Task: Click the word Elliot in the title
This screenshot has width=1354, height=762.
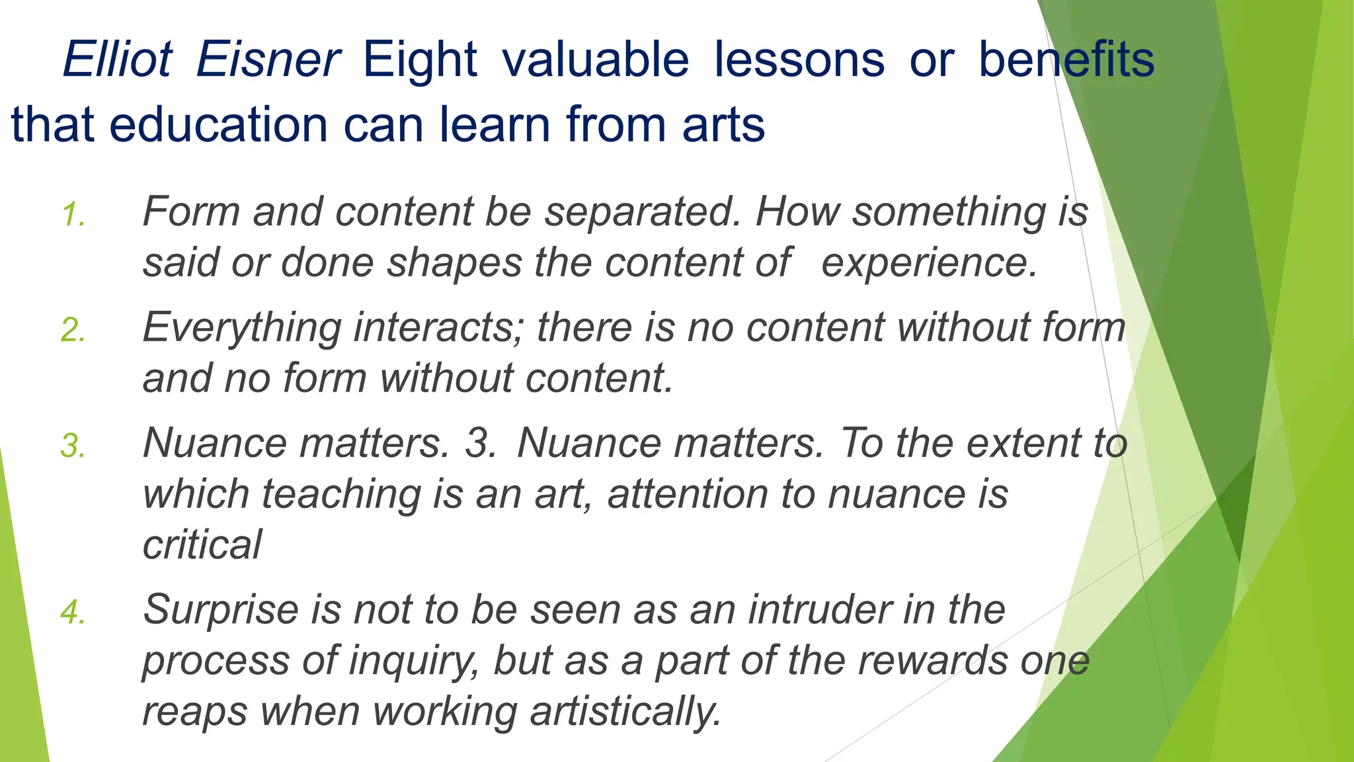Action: [117, 60]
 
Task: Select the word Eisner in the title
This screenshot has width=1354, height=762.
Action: [268, 60]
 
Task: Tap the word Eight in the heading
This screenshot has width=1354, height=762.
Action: [420, 60]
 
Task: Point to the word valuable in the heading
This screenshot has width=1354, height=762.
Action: [595, 60]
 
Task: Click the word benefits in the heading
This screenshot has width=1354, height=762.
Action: [1066, 60]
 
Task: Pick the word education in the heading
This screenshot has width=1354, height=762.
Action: [218, 124]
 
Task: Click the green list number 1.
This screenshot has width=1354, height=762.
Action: [73, 215]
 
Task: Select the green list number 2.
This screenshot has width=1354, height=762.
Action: [73, 330]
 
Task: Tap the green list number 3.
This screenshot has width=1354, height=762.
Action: [73, 445]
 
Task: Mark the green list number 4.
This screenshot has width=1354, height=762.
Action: [73, 612]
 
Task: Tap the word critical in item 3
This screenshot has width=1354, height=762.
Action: [202, 545]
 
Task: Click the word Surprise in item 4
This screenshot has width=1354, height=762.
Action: [221, 610]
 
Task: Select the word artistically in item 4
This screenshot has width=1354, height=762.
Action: [625, 712]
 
